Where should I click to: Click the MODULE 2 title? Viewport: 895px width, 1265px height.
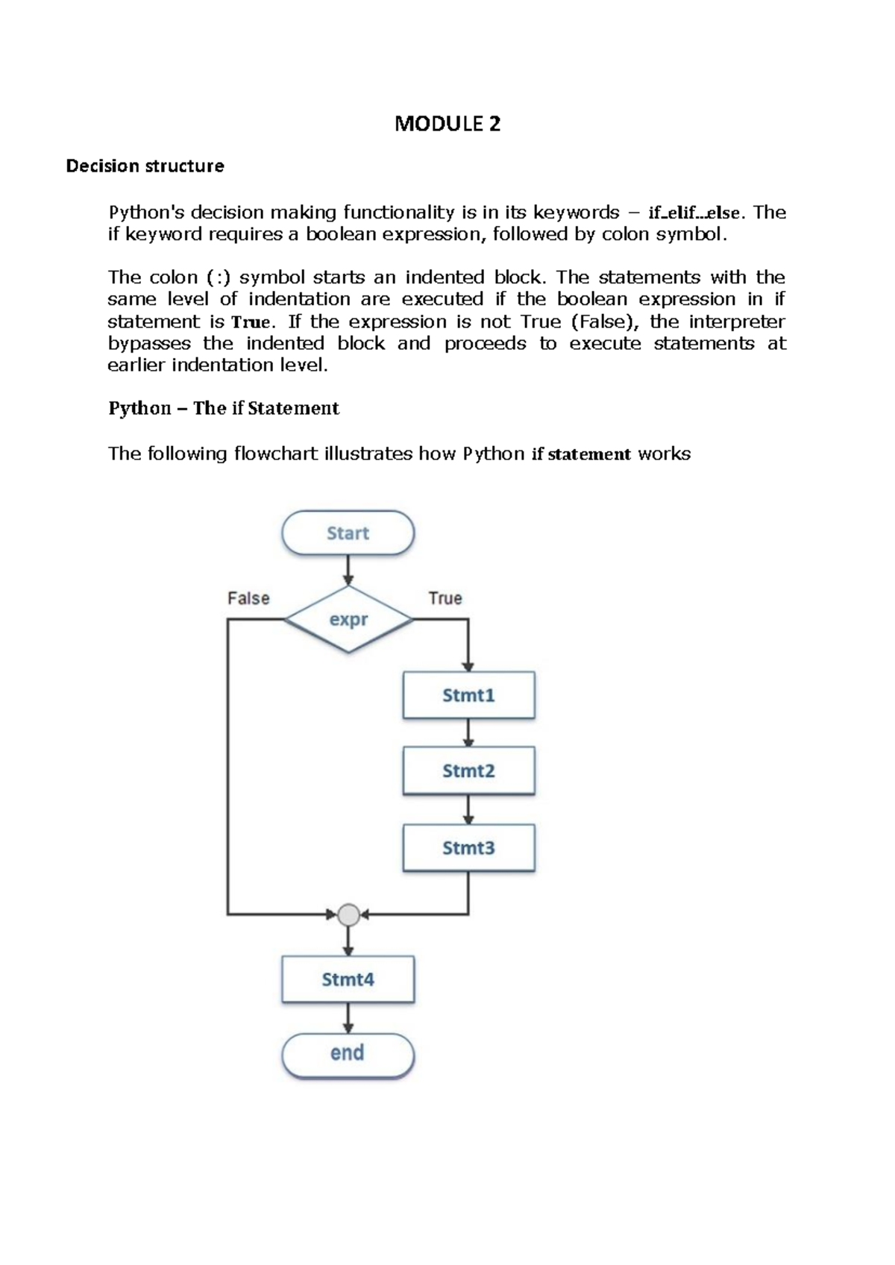pos(447,124)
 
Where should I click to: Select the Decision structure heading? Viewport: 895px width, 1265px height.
pos(145,166)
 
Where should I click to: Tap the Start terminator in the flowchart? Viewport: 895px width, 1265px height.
pos(348,533)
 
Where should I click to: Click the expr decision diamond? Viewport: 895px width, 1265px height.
pos(348,619)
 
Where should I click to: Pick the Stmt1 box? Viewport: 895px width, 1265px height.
pos(468,695)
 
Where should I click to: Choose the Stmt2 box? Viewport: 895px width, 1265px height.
pos(468,770)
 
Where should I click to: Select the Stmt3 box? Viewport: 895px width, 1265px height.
pos(468,848)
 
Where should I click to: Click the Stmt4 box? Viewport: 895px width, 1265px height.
pos(348,979)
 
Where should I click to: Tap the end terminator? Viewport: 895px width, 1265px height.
pos(348,1053)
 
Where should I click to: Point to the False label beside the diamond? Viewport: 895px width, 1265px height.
pos(248,598)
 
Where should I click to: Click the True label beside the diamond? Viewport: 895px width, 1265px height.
pos(445,598)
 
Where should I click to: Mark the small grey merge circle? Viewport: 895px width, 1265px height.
pos(348,914)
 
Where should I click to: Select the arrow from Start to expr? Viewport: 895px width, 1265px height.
pos(348,570)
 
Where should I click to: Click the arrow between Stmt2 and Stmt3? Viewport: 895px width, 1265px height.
pos(468,809)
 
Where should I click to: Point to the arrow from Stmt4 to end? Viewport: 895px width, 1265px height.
pos(348,1018)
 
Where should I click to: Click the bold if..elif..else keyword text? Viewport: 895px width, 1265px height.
pos(694,213)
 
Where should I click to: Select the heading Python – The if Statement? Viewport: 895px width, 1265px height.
pos(224,408)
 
